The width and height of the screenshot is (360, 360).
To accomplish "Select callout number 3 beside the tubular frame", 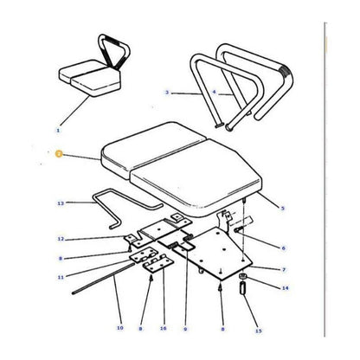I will pyautogui.click(x=165, y=91).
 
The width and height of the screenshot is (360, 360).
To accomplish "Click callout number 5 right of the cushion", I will pyautogui.click(x=283, y=208).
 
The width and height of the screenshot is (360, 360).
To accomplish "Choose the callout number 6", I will pyautogui.click(x=282, y=247).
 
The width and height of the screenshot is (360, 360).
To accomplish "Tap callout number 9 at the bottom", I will pyautogui.click(x=184, y=330).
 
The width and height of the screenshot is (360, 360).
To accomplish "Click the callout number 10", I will pyautogui.click(x=119, y=330).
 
